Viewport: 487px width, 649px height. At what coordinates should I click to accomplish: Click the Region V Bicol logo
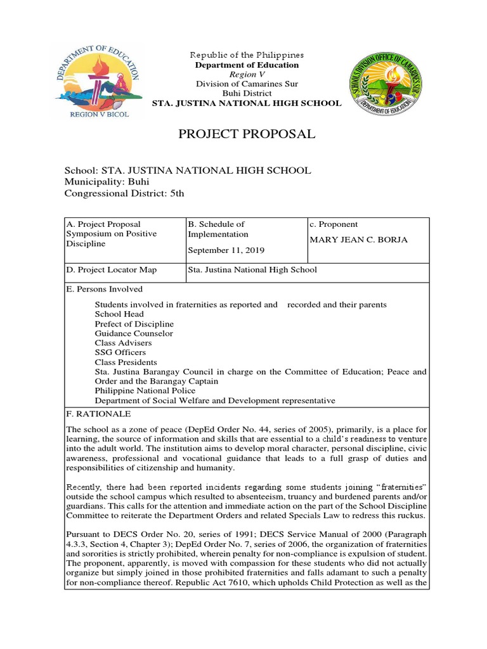(x=98, y=82)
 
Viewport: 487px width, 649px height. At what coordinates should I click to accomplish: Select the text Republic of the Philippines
(x=247, y=55)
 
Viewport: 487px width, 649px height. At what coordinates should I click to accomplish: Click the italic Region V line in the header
(x=247, y=74)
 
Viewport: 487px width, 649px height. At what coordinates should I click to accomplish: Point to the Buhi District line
(x=247, y=93)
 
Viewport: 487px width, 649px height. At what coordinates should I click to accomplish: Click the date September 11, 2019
(x=226, y=250)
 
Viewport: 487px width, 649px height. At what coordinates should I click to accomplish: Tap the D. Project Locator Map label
(x=112, y=270)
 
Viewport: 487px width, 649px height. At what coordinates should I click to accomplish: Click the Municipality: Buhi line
(x=107, y=182)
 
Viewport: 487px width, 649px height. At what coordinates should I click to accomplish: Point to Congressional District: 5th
(x=124, y=193)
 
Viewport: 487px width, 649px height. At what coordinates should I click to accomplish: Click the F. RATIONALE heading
(x=98, y=414)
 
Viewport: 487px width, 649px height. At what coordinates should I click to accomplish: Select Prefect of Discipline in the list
(x=134, y=324)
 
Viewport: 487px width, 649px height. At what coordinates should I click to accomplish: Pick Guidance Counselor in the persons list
(x=134, y=333)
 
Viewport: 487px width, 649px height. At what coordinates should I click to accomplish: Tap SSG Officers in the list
(x=120, y=352)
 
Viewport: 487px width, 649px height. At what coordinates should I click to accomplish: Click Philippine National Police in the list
(x=145, y=391)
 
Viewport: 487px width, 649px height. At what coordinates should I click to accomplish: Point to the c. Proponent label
(x=334, y=224)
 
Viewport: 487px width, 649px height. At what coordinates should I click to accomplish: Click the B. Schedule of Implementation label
(x=216, y=229)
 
